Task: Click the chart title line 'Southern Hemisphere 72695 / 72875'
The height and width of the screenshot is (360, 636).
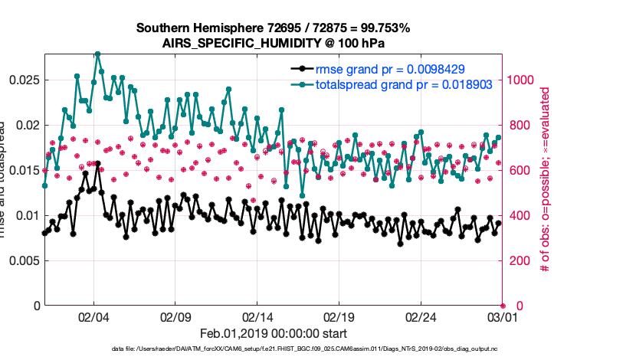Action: tap(273, 28)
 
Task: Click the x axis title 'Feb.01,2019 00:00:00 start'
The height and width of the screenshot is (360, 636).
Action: tap(273, 333)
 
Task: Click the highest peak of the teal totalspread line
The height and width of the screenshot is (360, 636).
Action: tap(97, 54)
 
